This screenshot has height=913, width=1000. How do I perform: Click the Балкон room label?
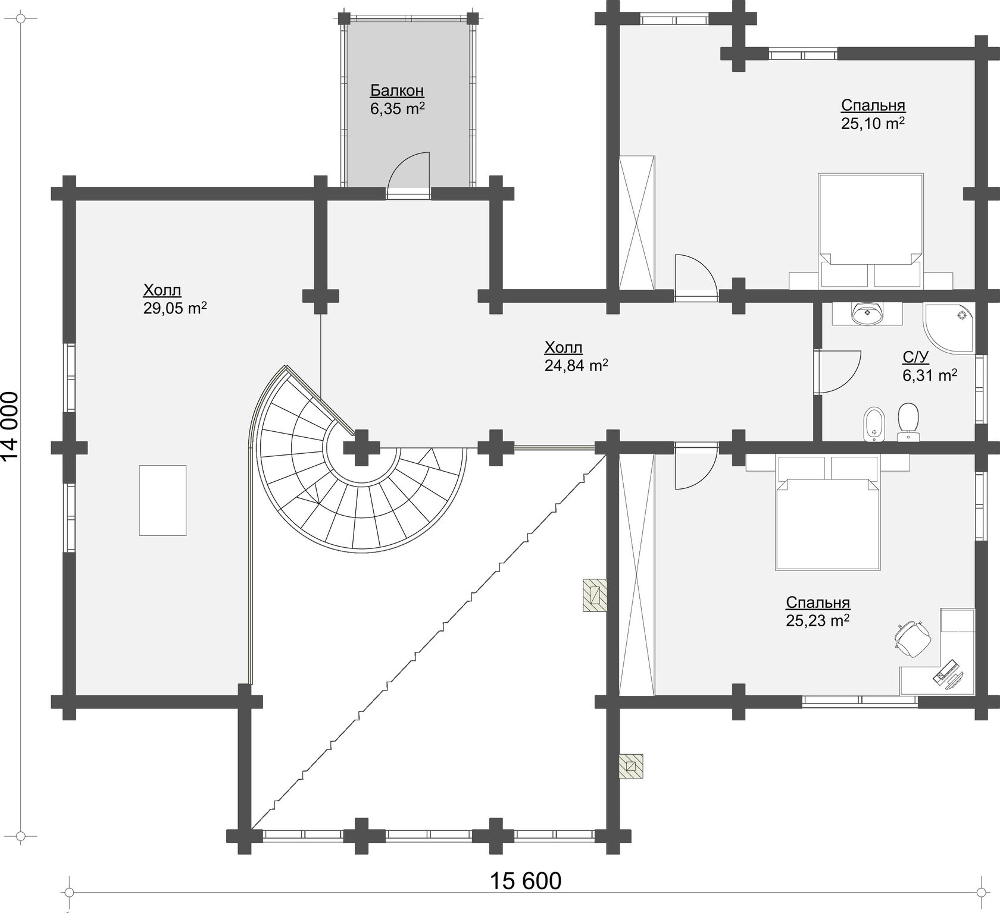click(x=397, y=90)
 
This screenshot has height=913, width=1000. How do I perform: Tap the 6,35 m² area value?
click(x=397, y=109)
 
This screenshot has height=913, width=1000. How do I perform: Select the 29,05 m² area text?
click(x=175, y=308)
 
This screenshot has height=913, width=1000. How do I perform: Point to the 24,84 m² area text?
click(x=576, y=365)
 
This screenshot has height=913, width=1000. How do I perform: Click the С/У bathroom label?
click(x=915, y=357)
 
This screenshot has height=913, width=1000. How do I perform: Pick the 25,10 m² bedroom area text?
click(x=873, y=123)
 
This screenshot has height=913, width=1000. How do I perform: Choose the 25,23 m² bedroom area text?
click(x=818, y=620)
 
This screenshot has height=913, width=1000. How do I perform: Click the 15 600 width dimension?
click(x=526, y=881)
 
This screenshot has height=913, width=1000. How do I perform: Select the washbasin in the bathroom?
click(x=867, y=313)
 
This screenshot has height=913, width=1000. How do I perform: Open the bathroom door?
click(x=838, y=372)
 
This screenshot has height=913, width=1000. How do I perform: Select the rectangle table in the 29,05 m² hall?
click(x=162, y=500)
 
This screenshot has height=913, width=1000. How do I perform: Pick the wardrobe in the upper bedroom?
click(x=636, y=223)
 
